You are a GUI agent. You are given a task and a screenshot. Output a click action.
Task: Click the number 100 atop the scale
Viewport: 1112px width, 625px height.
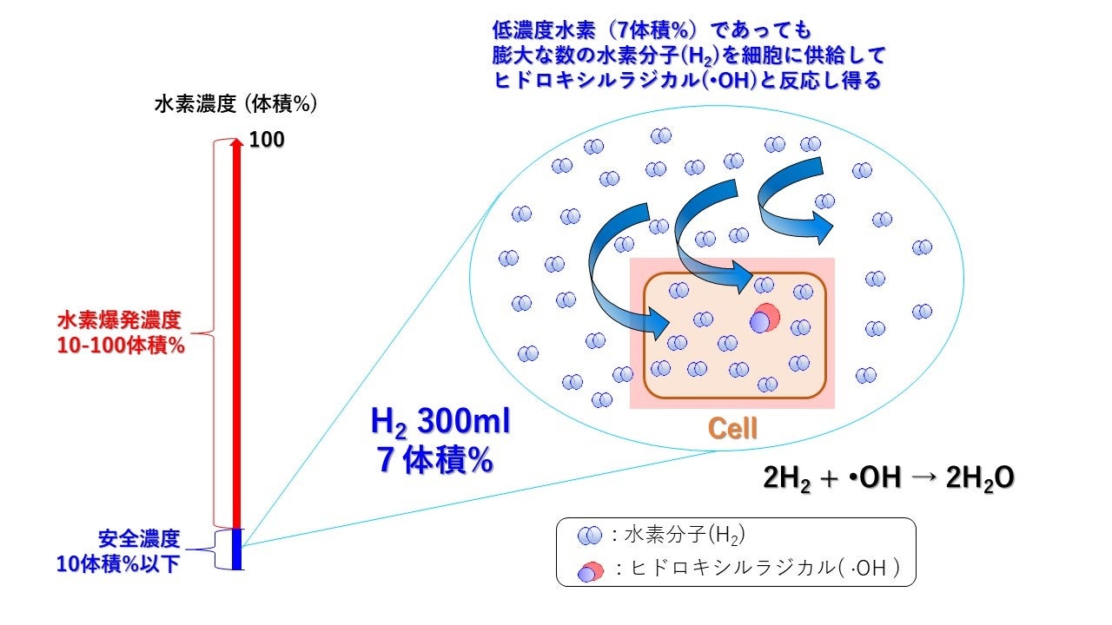[267, 139]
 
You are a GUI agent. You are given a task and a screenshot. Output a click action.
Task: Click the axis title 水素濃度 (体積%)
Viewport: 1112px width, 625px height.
[235, 105]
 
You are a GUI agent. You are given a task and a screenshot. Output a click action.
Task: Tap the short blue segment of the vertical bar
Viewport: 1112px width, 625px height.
[236, 549]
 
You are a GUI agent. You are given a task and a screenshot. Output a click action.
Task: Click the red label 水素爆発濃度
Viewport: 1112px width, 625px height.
[120, 320]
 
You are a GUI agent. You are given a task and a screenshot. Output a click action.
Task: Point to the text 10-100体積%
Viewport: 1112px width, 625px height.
[122, 345]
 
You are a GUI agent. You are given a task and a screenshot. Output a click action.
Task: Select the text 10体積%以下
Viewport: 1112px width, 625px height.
[118, 564]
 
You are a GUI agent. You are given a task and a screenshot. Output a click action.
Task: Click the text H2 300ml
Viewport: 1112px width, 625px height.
[440, 422]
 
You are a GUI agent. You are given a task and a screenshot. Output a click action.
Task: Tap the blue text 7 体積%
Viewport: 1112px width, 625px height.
[434, 460]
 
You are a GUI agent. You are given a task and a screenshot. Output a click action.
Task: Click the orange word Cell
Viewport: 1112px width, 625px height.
[732, 429]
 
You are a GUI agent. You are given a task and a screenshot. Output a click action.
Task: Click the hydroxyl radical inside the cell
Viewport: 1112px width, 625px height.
[764, 319]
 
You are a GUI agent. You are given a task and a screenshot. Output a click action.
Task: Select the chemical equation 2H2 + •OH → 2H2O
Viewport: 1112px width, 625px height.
[888, 477]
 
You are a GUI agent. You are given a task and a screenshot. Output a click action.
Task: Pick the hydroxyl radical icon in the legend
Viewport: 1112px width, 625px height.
[590, 570]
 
